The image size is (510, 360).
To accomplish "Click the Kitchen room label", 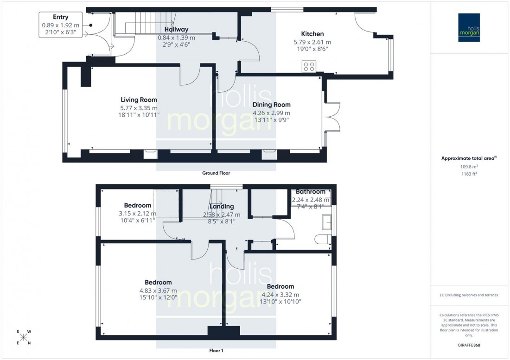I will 312,34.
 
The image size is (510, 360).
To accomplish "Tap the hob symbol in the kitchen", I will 309,67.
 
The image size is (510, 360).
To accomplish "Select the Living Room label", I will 139,100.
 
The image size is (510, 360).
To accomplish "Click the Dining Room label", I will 271,105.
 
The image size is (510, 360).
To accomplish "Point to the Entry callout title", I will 60,17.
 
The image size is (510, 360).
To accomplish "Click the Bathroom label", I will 310,191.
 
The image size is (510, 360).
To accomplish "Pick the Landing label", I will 222,206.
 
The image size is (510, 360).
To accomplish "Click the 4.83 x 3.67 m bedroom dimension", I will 158,291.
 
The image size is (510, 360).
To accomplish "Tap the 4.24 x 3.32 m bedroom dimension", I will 280,295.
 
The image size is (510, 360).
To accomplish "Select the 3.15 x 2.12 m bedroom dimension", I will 137,214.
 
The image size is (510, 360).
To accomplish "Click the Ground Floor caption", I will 216,173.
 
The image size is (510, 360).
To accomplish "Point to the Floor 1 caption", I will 216,351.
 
